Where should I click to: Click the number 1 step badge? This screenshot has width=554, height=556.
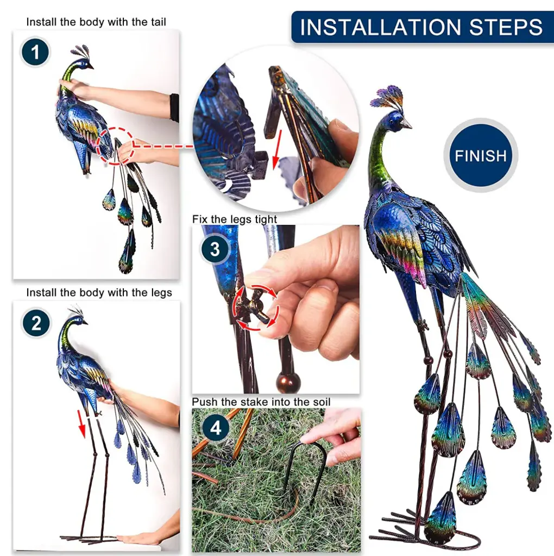click(35, 52)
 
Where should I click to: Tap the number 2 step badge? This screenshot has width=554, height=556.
click(36, 323)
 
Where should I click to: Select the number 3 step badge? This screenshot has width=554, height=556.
click(215, 249)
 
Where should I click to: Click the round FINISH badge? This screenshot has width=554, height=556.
click(481, 155)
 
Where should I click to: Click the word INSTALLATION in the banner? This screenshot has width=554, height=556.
click(381, 27)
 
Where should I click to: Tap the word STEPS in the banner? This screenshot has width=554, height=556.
click(506, 27)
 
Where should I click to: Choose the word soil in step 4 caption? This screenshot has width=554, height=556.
click(322, 402)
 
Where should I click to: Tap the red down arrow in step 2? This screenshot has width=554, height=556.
click(82, 423)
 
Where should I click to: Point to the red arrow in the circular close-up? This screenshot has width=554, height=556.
click(276, 149)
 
